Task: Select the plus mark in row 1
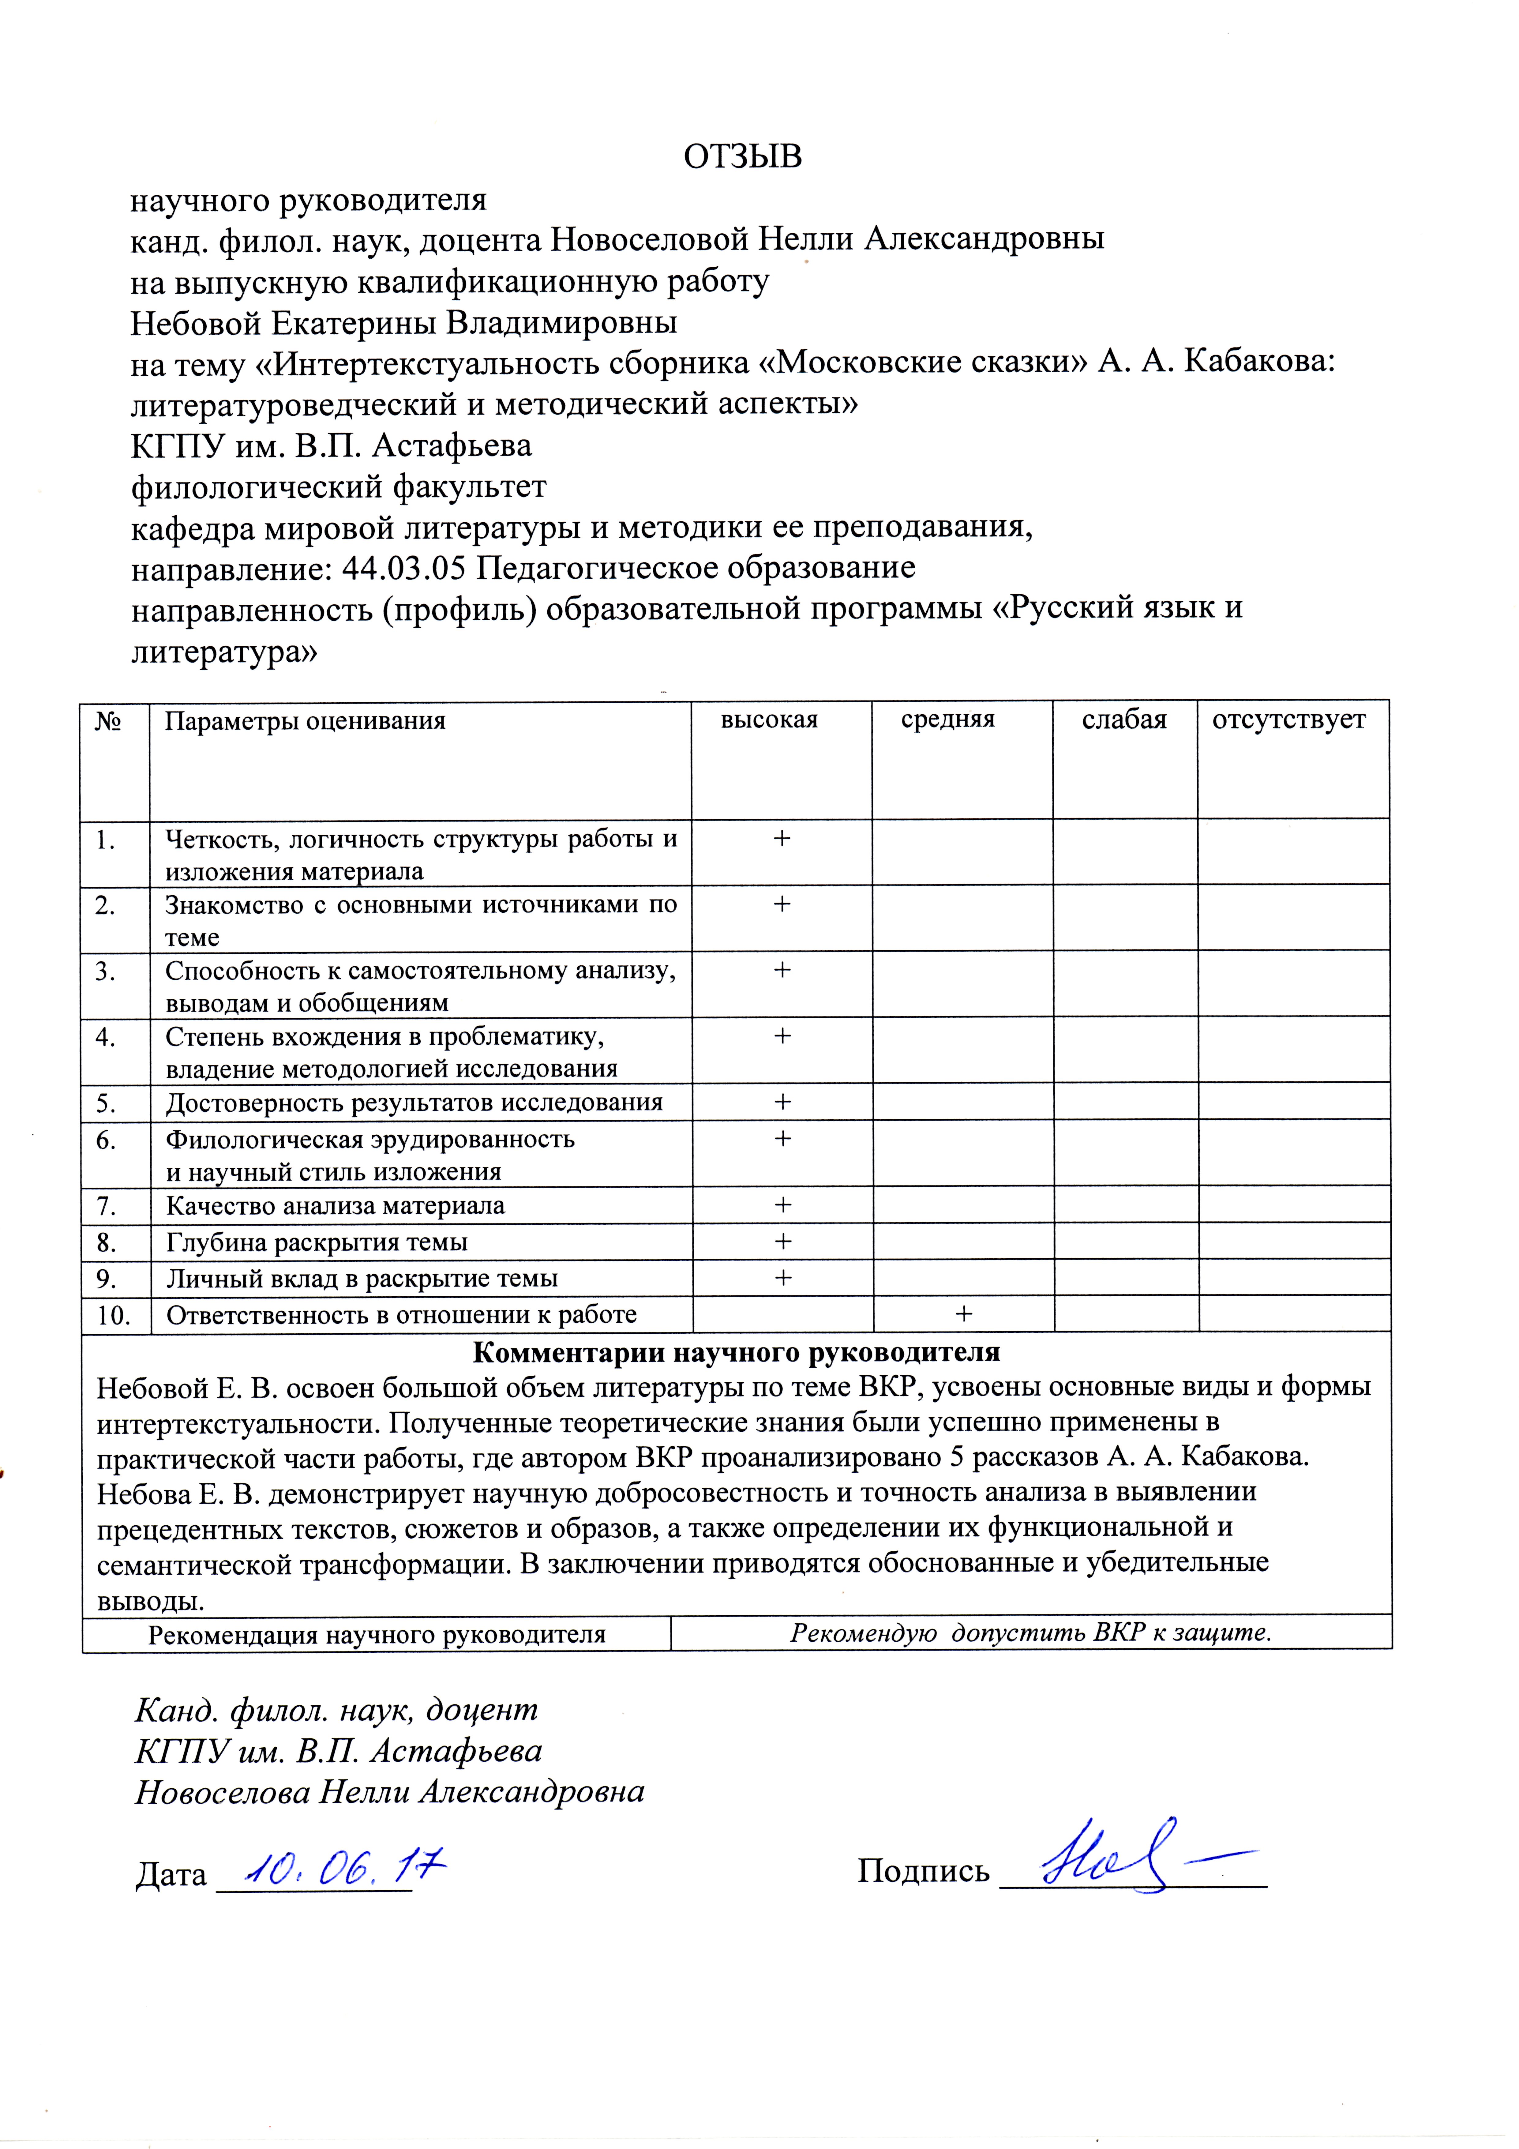coord(782,838)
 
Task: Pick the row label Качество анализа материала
coord(335,1205)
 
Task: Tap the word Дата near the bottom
coord(171,1874)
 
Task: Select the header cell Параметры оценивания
coord(305,721)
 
